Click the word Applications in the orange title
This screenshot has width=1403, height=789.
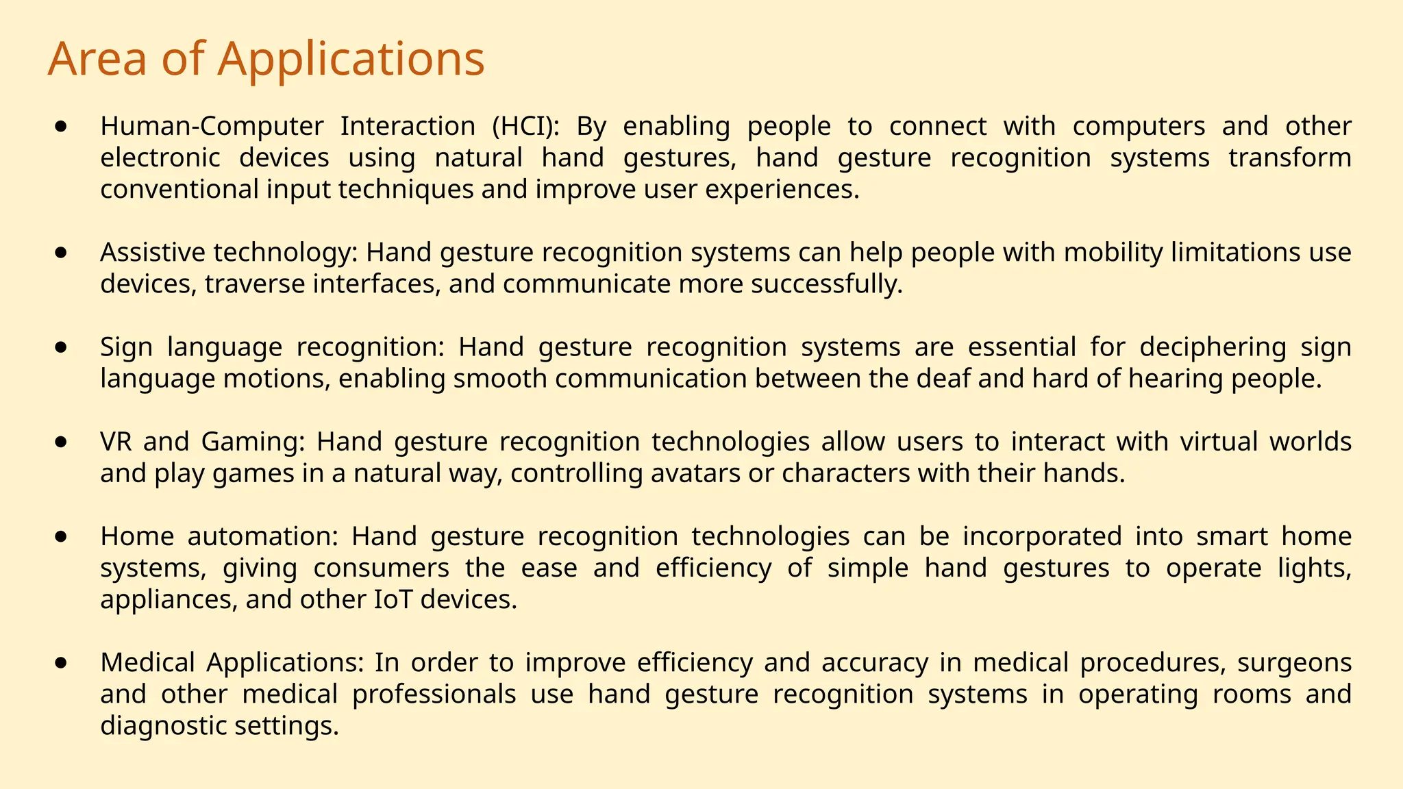pyautogui.click(x=351, y=60)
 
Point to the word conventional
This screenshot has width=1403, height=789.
pyautogui.click(x=179, y=190)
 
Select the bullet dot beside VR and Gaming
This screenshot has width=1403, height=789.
pyautogui.click(x=62, y=442)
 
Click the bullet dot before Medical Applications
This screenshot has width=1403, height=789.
pyautogui.click(x=62, y=663)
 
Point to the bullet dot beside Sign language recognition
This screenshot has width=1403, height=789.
pyautogui.click(x=62, y=348)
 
